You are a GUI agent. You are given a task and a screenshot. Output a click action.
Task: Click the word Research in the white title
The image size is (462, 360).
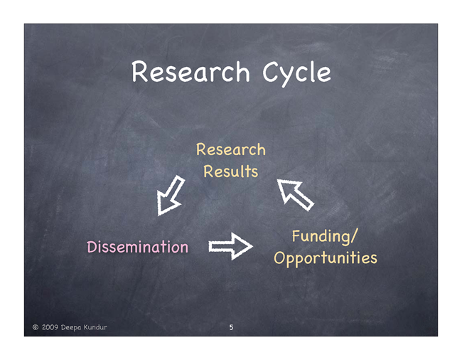(190, 72)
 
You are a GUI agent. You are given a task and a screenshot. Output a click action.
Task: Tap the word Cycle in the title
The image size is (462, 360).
(296, 74)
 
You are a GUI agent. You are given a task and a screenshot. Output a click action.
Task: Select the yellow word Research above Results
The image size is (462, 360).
(231, 149)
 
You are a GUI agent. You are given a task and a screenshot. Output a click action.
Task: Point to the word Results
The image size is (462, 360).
(231, 171)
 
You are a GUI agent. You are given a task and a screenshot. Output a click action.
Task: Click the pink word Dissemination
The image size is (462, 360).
(138, 247)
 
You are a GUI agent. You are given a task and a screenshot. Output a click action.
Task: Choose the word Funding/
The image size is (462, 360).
(325, 237)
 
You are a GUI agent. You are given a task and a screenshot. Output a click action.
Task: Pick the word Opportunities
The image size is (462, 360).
(326, 258)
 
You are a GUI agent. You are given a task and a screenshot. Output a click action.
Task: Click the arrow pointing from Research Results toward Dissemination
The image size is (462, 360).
(170, 196)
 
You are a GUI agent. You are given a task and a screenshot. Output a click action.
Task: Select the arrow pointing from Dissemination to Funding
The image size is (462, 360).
(231, 246)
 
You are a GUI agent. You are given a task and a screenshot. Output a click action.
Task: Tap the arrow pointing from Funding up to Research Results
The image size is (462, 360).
(295, 195)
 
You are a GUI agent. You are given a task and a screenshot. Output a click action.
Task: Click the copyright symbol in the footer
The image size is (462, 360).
(36, 327)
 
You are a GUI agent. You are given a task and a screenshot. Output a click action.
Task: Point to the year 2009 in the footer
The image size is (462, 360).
(50, 327)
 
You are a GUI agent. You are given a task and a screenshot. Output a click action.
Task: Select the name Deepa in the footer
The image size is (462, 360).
(71, 327)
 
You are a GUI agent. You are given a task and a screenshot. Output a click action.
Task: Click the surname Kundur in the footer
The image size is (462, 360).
(95, 327)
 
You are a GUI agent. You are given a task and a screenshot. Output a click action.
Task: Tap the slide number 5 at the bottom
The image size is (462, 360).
(231, 327)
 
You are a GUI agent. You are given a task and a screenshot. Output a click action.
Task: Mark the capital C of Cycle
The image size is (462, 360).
(271, 72)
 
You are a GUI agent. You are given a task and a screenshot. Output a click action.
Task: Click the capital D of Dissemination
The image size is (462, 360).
(92, 247)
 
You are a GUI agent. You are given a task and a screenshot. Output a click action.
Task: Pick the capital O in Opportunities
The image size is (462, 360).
(279, 258)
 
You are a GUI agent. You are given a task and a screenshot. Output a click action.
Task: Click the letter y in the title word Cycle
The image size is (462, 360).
(289, 77)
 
